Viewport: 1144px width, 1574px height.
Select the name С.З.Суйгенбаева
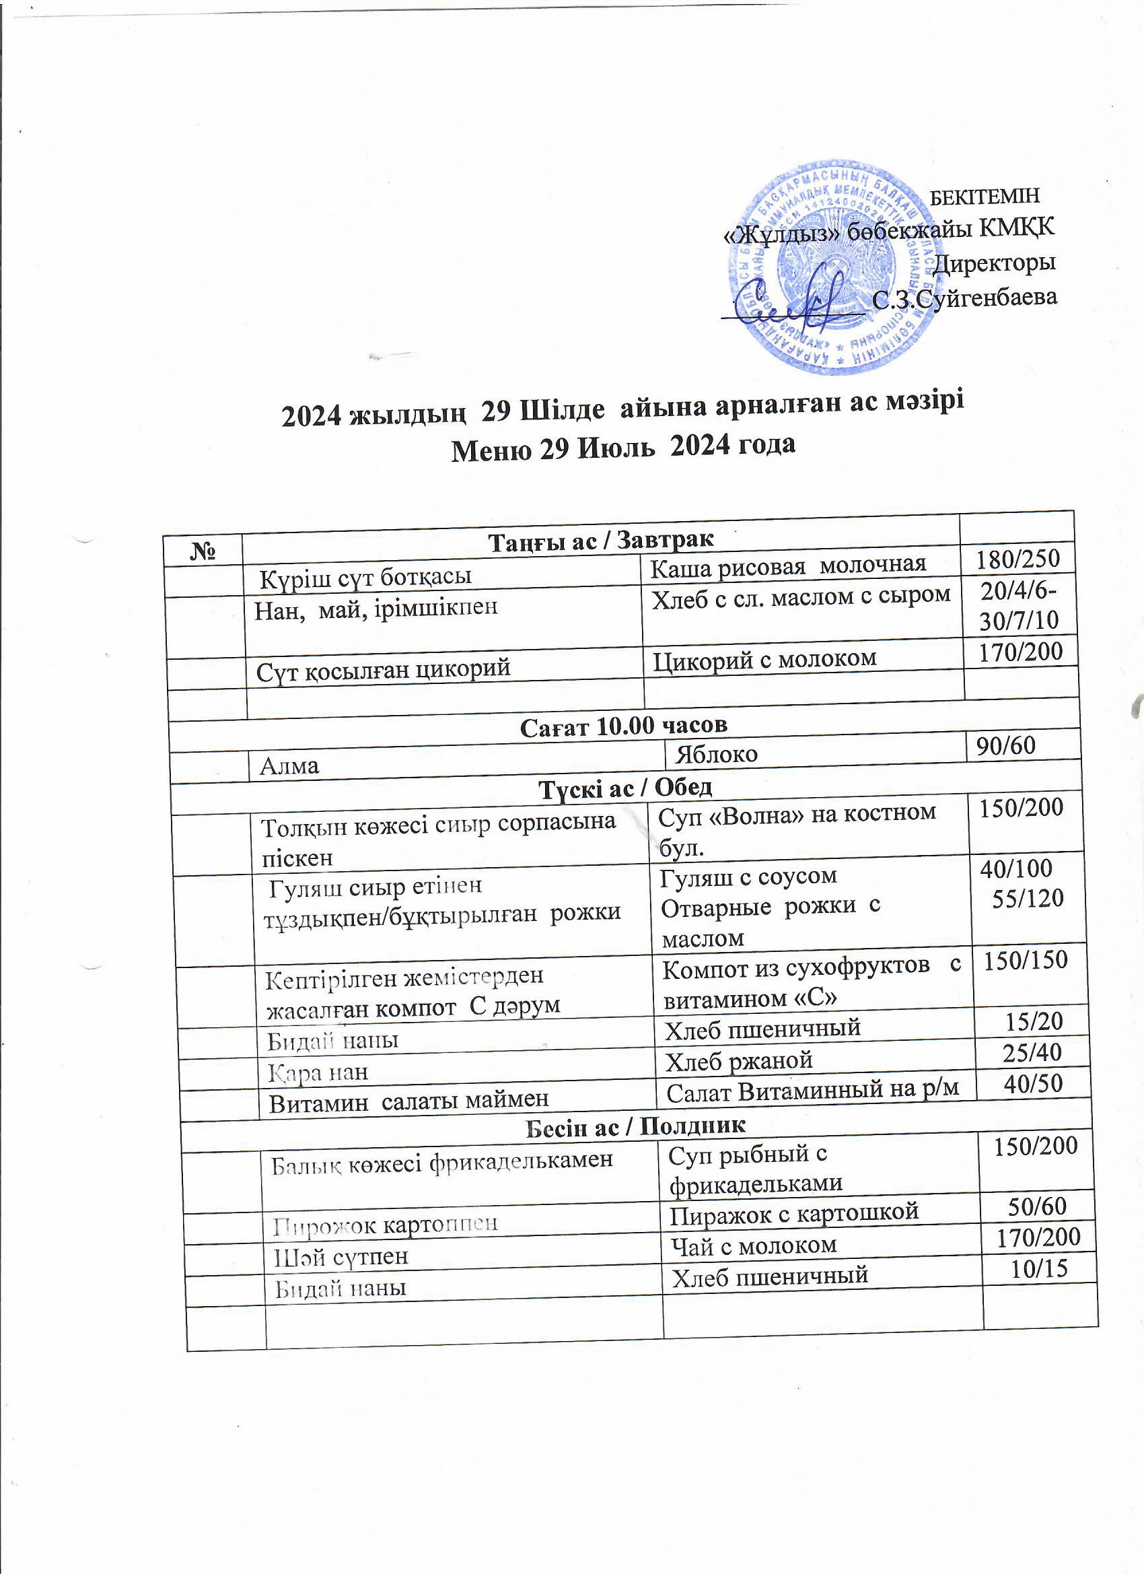coord(964,298)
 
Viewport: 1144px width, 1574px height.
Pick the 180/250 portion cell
coord(1017,559)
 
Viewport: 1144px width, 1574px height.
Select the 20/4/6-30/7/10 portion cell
coord(1018,605)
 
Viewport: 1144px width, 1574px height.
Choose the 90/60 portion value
coord(1005,745)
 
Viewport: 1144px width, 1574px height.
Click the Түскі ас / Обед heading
coord(625,787)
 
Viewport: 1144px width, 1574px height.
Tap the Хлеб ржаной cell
coord(738,1060)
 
